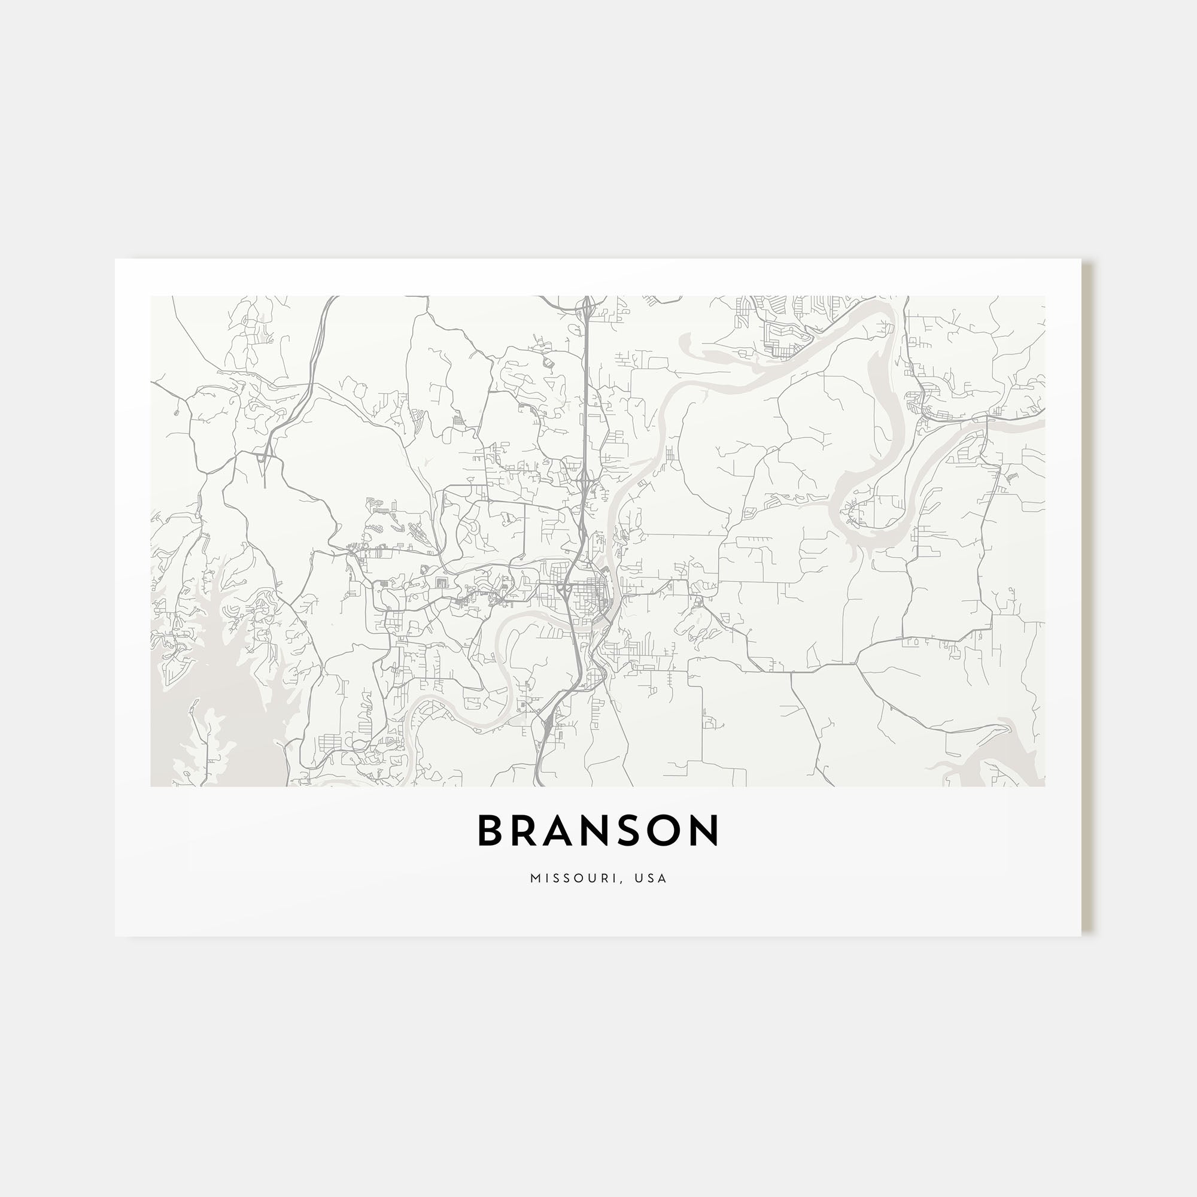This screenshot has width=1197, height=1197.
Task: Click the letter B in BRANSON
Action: [x=490, y=831]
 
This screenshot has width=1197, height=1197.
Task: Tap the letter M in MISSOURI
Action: [x=534, y=879]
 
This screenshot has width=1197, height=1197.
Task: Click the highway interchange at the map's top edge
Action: [x=585, y=304]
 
